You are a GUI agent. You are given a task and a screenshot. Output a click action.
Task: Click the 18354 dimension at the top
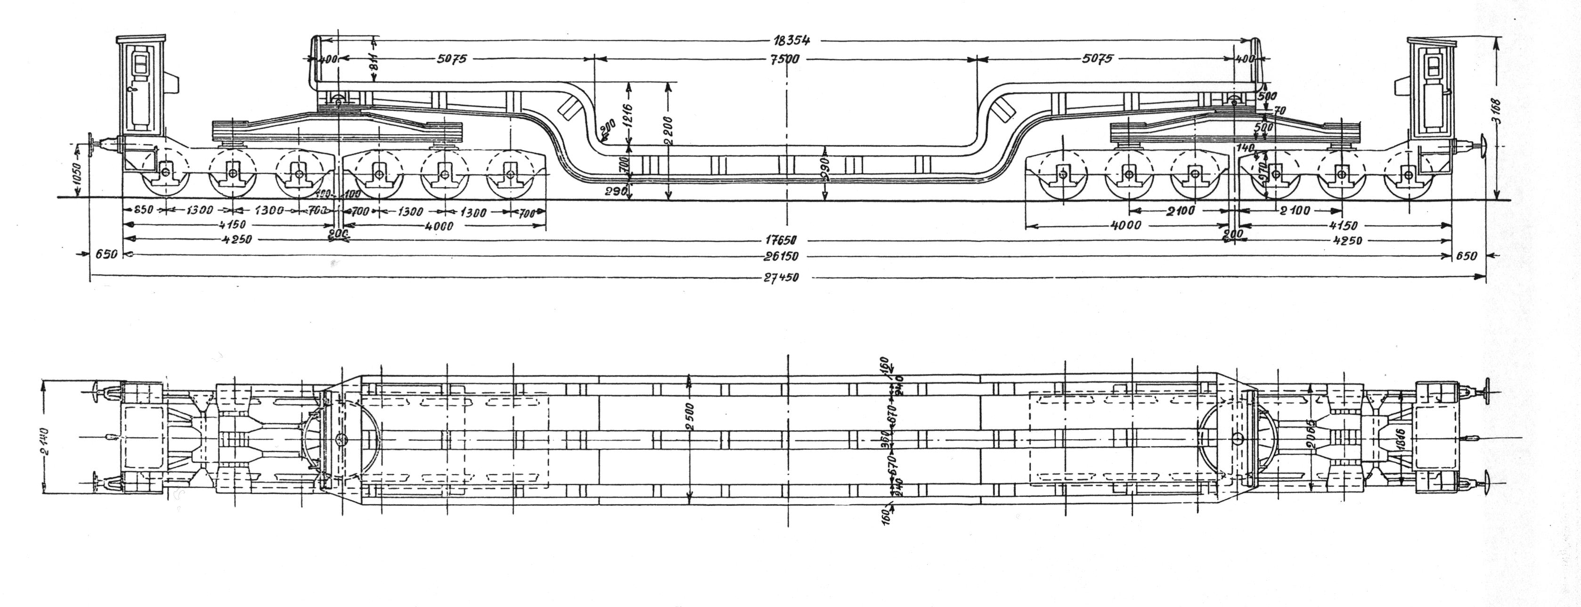pos(790,41)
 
